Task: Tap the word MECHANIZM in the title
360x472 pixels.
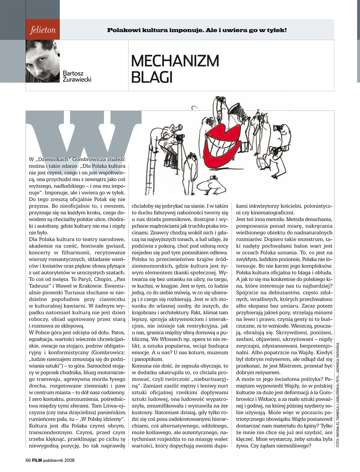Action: (175, 61)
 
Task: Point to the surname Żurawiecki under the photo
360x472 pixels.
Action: (77, 78)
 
